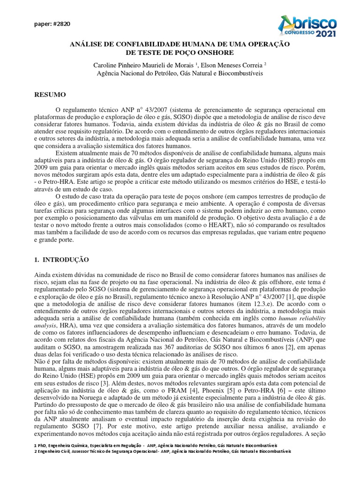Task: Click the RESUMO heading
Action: [50, 95]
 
